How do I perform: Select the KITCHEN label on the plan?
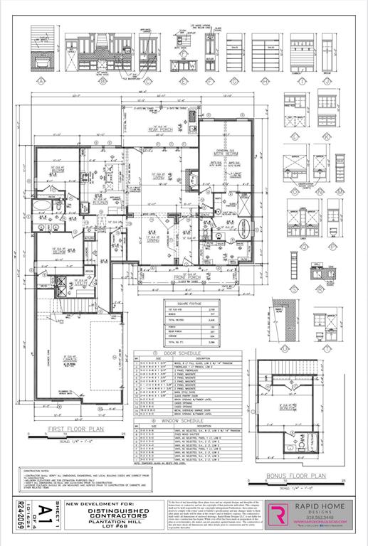click(x=100, y=202)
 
